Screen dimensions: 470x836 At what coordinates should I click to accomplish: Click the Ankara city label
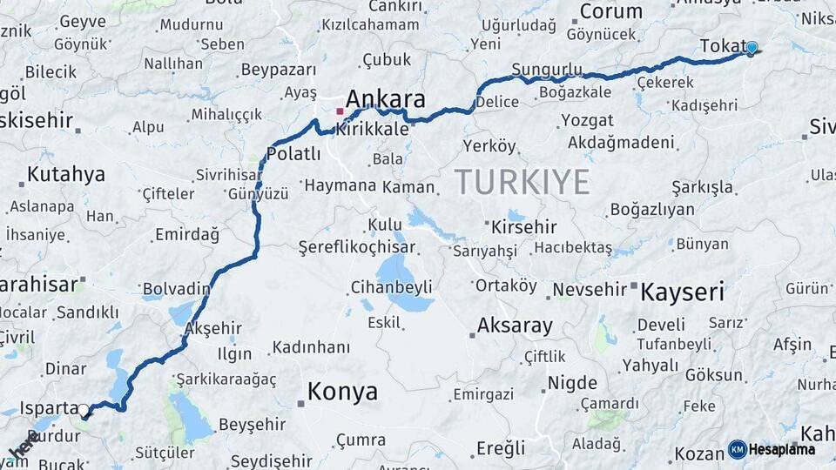pyautogui.click(x=385, y=99)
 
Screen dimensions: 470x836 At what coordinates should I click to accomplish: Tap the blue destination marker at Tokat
pyautogui.click(x=752, y=49)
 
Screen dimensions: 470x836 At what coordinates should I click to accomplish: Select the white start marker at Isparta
pyautogui.click(x=84, y=409)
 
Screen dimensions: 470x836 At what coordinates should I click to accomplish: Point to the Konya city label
pyautogui.click(x=342, y=392)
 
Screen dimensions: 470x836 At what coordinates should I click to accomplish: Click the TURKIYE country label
pyautogui.click(x=522, y=182)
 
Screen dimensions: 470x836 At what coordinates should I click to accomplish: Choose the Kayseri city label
pyautogui.click(x=682, y=292)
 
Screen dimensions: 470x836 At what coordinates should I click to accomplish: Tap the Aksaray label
pyautogui.click(x=514, y=326)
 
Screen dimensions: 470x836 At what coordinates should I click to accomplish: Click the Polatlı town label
pyautogui.click(x=293, y=154)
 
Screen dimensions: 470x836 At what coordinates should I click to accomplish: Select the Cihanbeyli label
pyautogui.click(x=391, y=286)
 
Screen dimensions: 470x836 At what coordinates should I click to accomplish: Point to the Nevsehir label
pyautogui.click(x=590, y=289)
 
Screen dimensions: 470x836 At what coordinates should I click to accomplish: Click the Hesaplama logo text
pyautogui.click(x=782, y=449)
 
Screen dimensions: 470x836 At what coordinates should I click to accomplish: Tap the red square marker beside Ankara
pyautogui.click(x=340, y=111)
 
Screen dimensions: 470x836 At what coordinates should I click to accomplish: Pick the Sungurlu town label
pyautogui.click(x=547, y=69)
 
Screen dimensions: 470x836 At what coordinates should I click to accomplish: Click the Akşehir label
pyautogui.click(x=212, y=328)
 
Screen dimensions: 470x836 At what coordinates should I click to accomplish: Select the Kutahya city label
pyautogui.click(x=65, y=174)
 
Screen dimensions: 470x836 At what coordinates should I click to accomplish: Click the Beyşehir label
pyautogui.click(x=252, y=425)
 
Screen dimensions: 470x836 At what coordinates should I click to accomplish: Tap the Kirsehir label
pyautogui.click(x=523, y=227)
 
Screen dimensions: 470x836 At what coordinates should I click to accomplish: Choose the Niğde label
pyautogui.click(x=572, y=383)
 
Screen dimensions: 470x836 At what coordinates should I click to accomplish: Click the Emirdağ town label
pyautogui.click(x=186, y=234)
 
